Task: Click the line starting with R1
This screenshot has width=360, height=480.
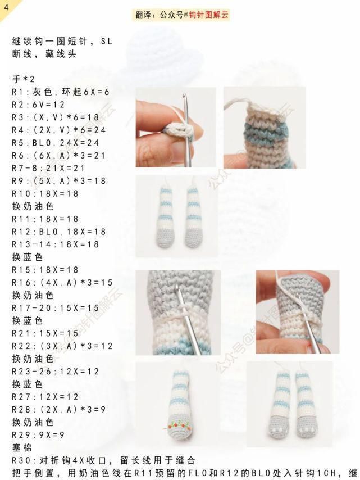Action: (61, 92)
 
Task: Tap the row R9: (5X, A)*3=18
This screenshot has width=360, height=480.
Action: (59, 181)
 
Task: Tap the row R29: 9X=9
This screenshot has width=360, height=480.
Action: (38, 435)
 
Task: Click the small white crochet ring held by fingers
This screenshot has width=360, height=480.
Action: (180, 131)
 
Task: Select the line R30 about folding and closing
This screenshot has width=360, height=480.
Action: (104, 460)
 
